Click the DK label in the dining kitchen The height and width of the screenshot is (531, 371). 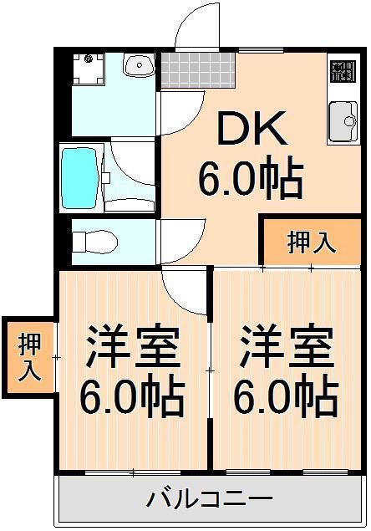point(252,128)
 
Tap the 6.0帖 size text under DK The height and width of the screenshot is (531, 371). point(251,177)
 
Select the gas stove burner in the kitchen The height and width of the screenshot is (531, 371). point(343,71)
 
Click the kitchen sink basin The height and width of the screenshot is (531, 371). point(343,121)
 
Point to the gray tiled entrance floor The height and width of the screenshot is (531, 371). point(198,70)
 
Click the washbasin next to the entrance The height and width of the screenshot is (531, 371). point(139,65)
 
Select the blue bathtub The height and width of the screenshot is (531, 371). point(80,177)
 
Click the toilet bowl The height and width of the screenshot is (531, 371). point(95,241)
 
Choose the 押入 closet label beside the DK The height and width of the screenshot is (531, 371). point(312,243)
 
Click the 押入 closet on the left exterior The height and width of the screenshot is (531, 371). point(29,358)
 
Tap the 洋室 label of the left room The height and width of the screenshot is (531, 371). point(133,347)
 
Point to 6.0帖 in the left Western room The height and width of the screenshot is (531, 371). point(133,396)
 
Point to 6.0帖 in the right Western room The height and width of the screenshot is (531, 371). point(287,395)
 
